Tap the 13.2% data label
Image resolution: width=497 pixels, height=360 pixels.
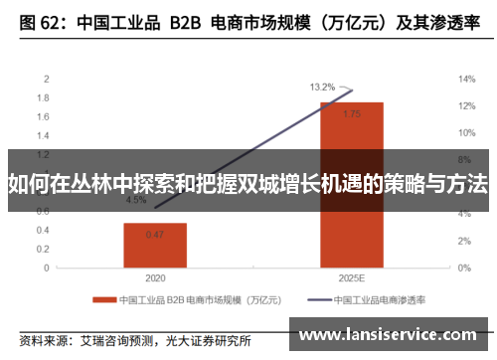(x=322, y=87)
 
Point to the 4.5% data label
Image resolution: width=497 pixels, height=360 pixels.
(x=135, y=200)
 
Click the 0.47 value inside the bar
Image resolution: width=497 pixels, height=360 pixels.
(x=155, y=235)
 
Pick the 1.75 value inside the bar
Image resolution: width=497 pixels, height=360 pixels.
(x=351, y=114)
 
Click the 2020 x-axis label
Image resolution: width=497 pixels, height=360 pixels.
(x=155, y=277)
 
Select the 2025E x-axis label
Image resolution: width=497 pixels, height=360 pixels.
(x=351, y=277)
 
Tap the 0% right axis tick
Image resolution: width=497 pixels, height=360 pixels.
(x=463, y=267)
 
